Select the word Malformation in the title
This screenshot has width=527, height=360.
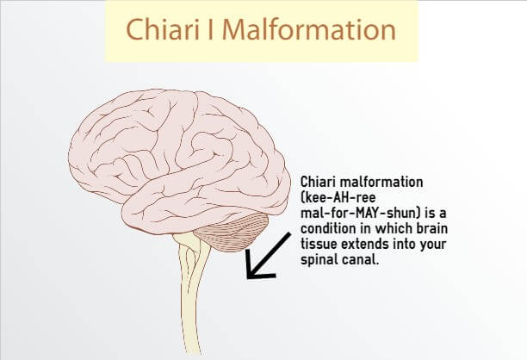309,29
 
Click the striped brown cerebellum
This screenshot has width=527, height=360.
232,233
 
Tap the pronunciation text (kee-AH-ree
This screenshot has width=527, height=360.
338,197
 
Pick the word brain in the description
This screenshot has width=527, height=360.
432,228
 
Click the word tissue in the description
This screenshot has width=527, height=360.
319,244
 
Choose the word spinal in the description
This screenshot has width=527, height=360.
316,260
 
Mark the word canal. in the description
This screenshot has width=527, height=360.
357,260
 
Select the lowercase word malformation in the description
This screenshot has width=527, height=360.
381,183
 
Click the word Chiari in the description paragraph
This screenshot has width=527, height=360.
318,183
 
